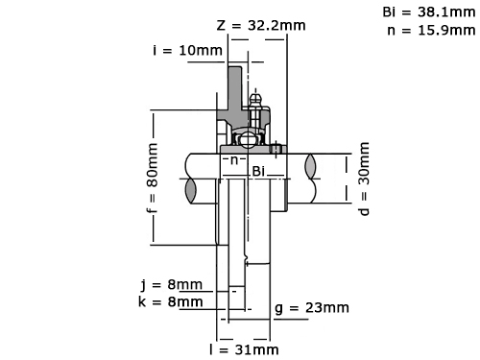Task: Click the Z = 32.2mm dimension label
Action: (261, 25)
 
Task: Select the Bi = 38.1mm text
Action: (429, 12)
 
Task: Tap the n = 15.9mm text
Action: (431, 30)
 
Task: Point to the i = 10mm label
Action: (187, 50)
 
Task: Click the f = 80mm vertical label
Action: (153, 179)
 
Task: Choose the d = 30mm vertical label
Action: (364, 179)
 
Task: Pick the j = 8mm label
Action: (172, 284)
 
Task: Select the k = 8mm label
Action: (171, 301)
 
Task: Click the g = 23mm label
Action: (312, 308)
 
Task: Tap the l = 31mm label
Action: (244, 349)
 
